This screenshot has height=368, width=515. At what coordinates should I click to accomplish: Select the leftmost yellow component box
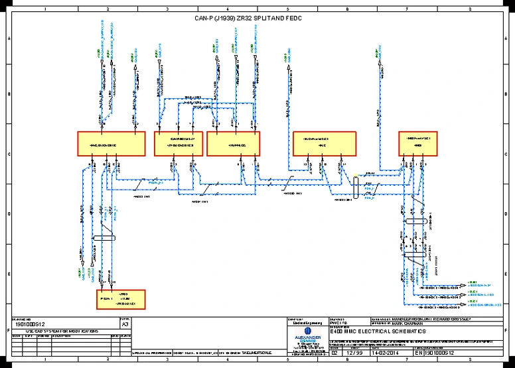(111, 143)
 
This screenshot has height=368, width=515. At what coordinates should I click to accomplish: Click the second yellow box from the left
(178, 143)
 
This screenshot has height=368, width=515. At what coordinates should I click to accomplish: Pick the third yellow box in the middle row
(234, 143)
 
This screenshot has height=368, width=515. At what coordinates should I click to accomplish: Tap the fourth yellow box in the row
(325, 143)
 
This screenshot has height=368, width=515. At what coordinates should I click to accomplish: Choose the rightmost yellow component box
(419, 143)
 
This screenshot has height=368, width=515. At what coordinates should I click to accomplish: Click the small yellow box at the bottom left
(120, 300)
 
